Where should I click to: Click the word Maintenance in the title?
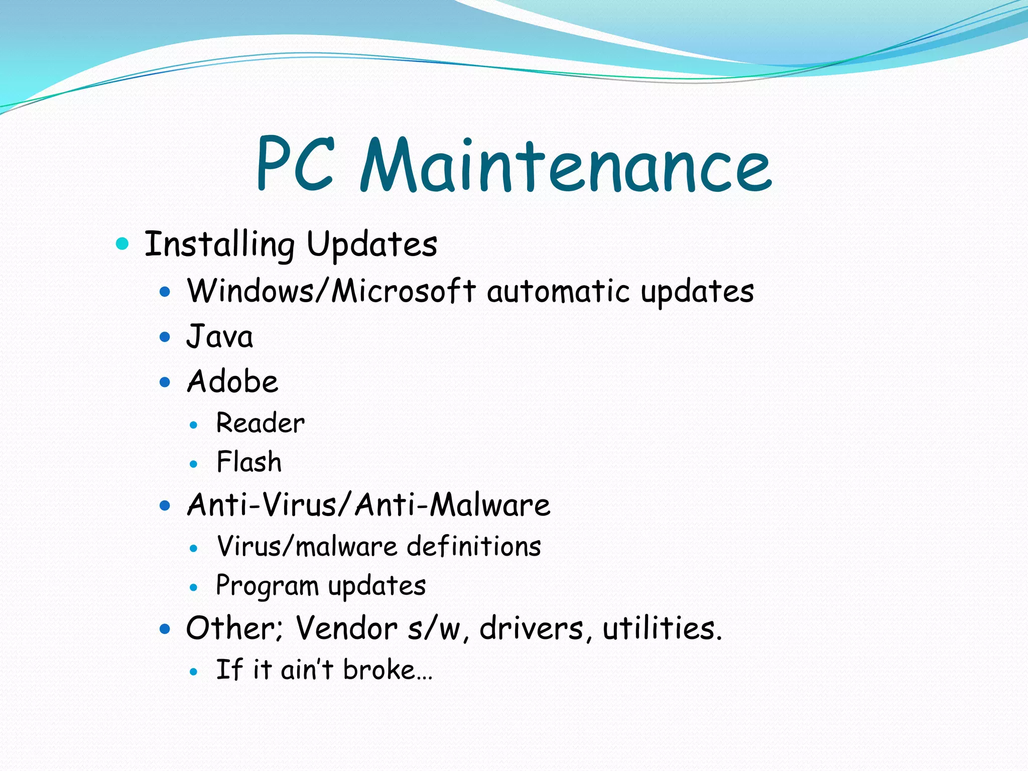tap(566, 166)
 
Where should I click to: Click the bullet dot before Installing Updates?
tap(122, 244)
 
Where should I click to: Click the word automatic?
tap(558, 291)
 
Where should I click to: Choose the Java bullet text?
tap(220, 336)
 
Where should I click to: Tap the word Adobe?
tap(232, 381)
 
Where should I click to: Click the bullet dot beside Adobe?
tap(165, 382)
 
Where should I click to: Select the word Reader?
tap(260, 423)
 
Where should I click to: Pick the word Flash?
tap(249, 462)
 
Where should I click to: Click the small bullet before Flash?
tap(194, 464)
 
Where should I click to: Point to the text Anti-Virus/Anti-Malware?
tap(368, 504)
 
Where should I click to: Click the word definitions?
tap(474, 546)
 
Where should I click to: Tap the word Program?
tap(267, 586)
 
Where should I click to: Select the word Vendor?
tap(346, 628)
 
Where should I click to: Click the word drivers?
tap(531, 628)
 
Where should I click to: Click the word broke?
tap(379, 670)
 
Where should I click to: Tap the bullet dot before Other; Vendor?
tap(165, 628)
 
